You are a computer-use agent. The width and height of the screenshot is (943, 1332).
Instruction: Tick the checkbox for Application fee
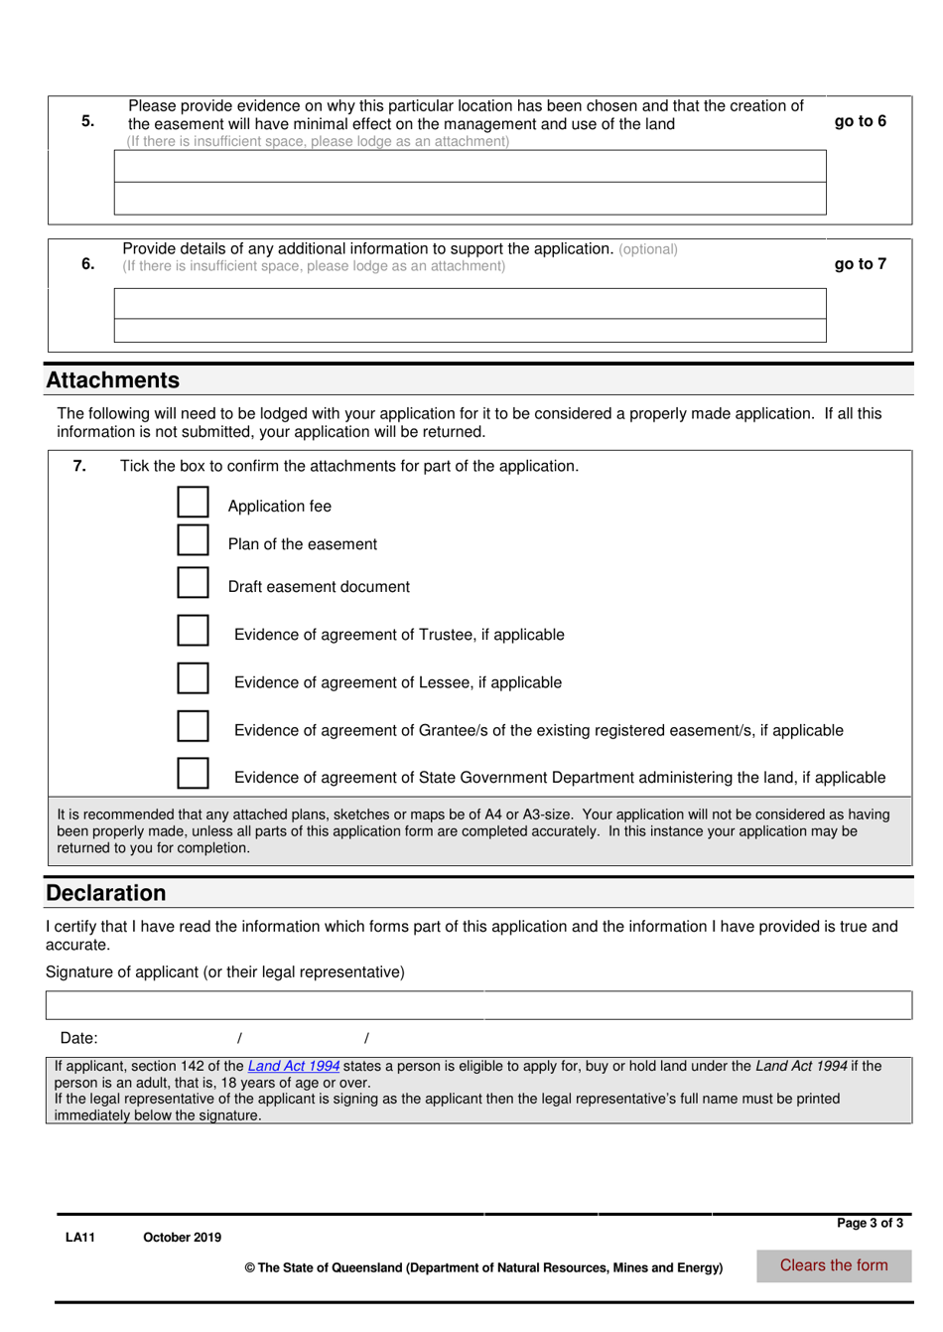point(193,502)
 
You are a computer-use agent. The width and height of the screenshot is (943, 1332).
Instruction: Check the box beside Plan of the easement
point(193,539)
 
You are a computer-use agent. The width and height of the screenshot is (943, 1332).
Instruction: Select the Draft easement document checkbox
point(193,582)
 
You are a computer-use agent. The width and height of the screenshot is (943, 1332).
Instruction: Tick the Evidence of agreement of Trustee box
point(193,630)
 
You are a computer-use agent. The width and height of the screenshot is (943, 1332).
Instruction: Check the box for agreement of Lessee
point(193,677)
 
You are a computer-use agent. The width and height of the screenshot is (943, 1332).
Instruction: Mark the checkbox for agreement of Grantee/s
point(193,725)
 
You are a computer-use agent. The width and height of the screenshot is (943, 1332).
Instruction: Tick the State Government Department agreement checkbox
point(193,773)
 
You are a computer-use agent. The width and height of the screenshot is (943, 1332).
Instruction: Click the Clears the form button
point(833,1265)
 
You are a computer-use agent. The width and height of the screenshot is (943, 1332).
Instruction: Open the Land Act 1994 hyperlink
point(293,1066)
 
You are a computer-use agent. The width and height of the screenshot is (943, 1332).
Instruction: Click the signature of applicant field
point(477,1005)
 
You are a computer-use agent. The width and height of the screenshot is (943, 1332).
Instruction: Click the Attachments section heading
point(113,380)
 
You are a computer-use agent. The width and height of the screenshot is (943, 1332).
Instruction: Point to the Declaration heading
point(106,893)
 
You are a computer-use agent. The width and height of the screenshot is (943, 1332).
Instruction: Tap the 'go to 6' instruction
point(860,121)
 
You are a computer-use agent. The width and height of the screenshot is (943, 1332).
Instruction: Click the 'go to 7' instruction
point(860,264)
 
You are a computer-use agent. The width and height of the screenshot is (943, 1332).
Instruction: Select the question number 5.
point(88,121)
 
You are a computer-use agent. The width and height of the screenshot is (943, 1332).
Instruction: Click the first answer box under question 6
point(470,303)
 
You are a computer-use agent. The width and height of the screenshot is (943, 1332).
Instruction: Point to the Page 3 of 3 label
point(870,1223)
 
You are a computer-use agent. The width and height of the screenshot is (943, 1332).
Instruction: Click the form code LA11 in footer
point(80,1238)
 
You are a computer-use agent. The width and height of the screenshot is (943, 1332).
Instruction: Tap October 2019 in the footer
point(182,1238)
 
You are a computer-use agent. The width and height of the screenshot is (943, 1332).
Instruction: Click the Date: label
point(79,1038)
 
